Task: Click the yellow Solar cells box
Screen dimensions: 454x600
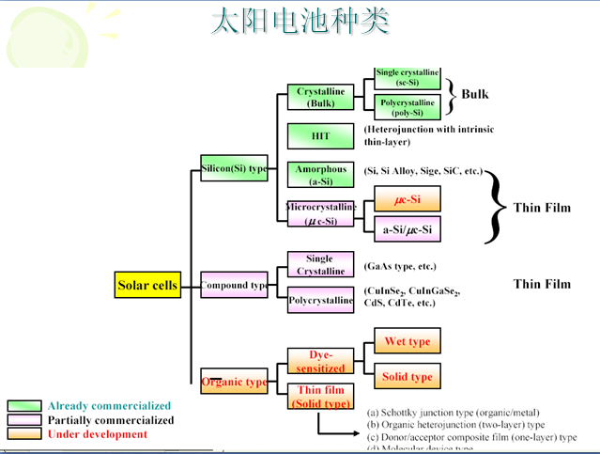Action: coord(147,286)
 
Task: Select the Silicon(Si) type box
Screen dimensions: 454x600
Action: coord(234,169)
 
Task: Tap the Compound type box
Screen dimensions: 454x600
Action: coord(234,285)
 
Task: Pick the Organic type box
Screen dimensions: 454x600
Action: coord(234,382)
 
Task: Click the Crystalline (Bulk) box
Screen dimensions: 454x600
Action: coord(321,97)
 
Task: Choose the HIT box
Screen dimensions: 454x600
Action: coord(321,136)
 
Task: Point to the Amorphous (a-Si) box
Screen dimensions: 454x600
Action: coord(321,175)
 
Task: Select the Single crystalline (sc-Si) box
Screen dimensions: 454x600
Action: coord(407,78)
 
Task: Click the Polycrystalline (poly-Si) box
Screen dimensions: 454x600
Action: coord(407,107)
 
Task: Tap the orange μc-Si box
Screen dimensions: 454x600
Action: coord(407,199)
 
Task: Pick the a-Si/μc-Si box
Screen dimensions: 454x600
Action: coord(407,228)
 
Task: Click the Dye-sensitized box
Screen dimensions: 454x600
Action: coord(321,361)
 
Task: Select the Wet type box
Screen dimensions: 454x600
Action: coord(407,341)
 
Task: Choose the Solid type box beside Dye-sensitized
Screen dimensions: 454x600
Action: coord(407,377)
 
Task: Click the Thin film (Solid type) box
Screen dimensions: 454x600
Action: coord(321,397)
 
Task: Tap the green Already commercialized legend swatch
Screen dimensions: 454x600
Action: coord(24,406)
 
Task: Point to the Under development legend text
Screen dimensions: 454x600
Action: coord(98,434)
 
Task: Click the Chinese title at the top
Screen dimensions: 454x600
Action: coord(300,22)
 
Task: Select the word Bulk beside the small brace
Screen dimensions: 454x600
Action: coord(475,94)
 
